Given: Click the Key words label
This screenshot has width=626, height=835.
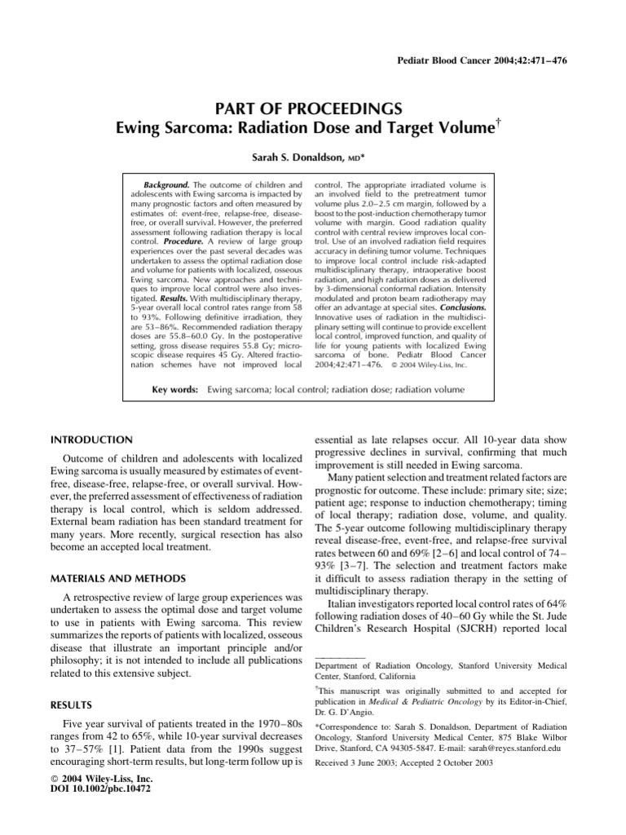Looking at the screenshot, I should pos(175,390).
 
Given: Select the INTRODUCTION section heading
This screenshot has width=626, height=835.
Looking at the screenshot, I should pos(91,440).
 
